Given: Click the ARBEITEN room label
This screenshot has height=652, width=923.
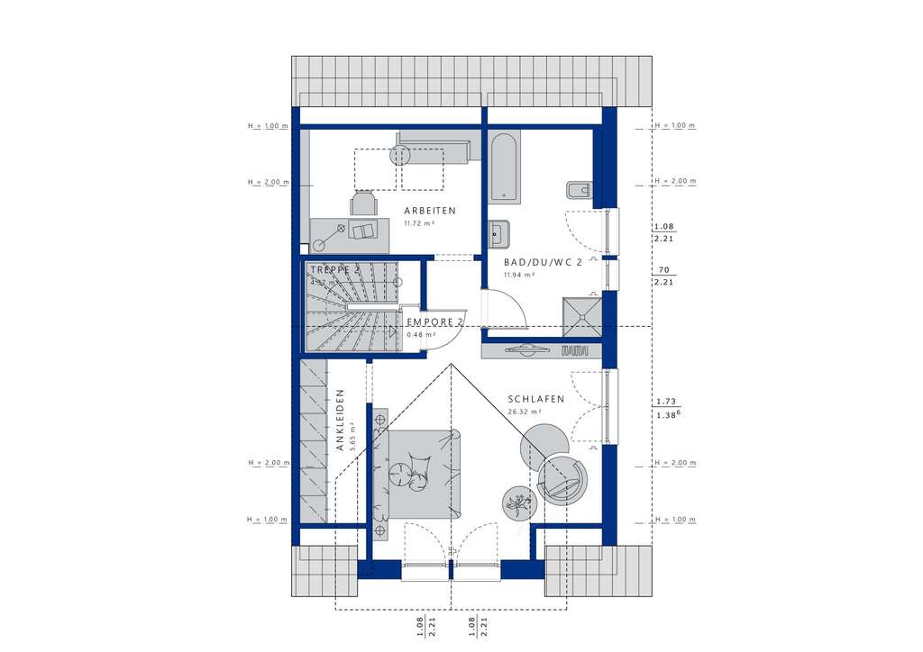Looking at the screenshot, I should [430, 211].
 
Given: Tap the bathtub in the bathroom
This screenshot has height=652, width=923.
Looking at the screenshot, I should [504, 168].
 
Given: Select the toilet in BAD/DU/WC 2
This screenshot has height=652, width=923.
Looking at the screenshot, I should [578, 191].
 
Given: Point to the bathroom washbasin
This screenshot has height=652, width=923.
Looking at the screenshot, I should [498, 233].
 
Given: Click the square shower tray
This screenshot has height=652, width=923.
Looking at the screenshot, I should [582, 312].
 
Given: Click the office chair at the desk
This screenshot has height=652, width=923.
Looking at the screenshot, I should [364, 204].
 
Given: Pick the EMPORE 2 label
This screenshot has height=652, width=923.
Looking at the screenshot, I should [434, 321].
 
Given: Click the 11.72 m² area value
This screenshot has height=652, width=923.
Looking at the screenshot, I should [418, 222].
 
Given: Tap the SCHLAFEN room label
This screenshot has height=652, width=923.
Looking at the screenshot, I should [535, 399].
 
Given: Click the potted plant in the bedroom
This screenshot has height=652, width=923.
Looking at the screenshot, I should [518, 502].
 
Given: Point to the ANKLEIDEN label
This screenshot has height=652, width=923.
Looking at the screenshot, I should [341, 420].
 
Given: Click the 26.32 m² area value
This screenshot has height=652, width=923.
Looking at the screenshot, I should [523, 412].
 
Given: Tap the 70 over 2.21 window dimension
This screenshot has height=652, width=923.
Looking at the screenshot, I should [663, 276].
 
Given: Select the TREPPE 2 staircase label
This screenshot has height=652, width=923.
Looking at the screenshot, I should [335, 269].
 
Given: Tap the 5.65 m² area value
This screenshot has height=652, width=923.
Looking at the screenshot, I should [353, 445].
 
